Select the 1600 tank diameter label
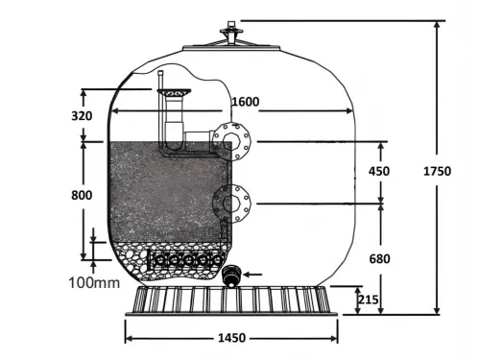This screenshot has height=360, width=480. [247, 102]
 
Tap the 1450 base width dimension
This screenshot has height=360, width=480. [230, 338]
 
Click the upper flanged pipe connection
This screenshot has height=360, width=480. [230, 140]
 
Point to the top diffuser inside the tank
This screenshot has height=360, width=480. [175, 93]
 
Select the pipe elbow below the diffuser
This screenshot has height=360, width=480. [178, 143]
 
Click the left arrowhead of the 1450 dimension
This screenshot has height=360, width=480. [128, 337]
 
